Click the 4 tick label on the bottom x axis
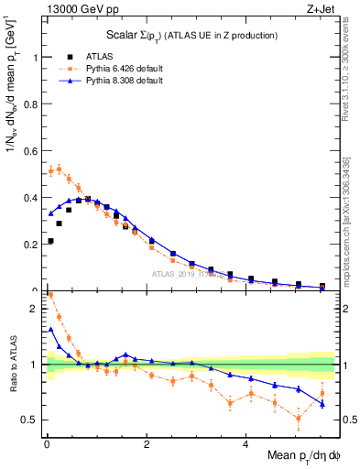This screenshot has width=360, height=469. tap(245, 444)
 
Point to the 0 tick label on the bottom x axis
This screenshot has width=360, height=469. tap(46, 444)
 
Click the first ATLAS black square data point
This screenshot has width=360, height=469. tap(49, 241)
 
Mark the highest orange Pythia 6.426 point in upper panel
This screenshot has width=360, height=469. tap(59, 169)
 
